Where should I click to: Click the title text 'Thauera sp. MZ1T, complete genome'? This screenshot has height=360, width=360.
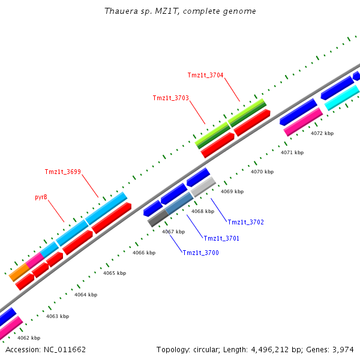point(180,11)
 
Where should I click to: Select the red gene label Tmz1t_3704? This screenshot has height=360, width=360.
point(205,75)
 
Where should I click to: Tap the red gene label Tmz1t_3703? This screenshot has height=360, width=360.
point(170,98)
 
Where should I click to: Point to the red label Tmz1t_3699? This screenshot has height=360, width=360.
point(62,172)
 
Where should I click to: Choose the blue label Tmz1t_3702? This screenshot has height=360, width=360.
point(245,222)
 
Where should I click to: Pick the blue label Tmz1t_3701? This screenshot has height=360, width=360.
point(221,238)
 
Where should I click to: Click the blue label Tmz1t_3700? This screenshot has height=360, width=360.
point(200,253)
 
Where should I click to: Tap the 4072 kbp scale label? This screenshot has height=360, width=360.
point(322,133)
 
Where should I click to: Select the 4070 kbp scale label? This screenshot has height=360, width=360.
point(262,172)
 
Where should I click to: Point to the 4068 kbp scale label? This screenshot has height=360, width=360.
point(202,211)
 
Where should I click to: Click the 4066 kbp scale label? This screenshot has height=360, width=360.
point(143,253)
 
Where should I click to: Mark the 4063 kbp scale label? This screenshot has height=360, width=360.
point(58,316)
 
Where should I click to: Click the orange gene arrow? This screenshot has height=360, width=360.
point(19,272)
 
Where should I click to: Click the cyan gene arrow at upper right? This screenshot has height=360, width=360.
point(341,98)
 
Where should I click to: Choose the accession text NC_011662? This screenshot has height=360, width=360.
point(46,349)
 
